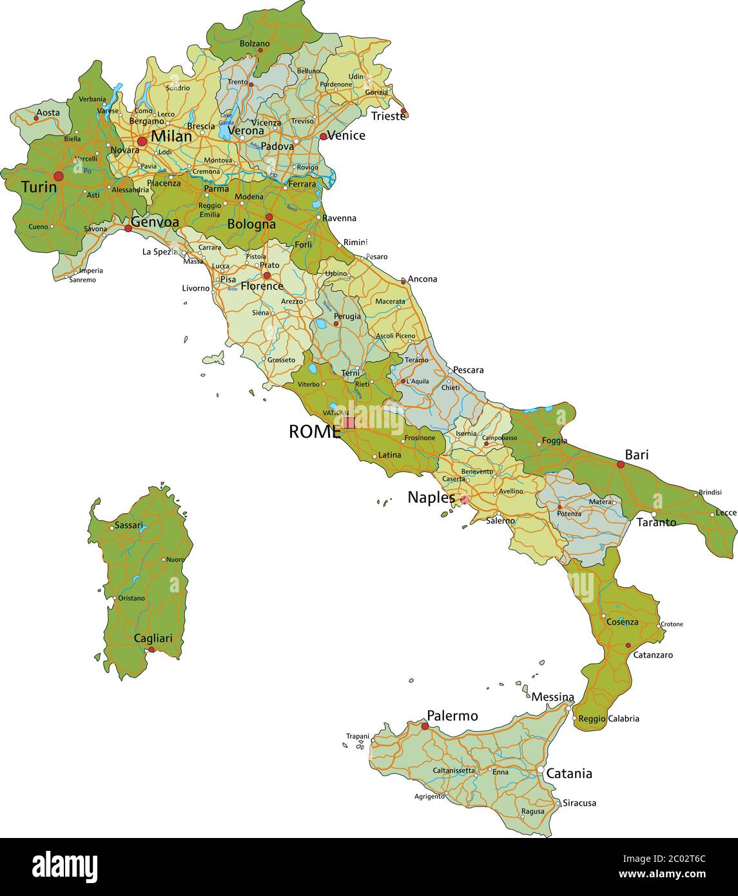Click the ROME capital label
(x=315, y=432)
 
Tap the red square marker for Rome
(x=349, y=423)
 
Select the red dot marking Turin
(x=59, y=176)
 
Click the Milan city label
(x=171, y=137)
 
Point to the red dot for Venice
(x=323, y=136)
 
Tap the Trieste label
(x=388, y=117)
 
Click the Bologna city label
(x=251, y=225)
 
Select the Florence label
(x=262, y=286)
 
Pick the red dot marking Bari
(x=621, y=464)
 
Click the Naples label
(x=431, y=498)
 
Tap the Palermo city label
(x=452, y=716)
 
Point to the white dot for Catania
(x=540, y=770)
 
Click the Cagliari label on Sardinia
(x=153, y=638)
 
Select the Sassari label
(x=128, y=525)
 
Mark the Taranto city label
(x=656, y=523)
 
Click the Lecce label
(x=726, y=513)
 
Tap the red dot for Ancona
(x=403, y=281)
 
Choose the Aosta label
(x=48, y=113)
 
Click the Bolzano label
(x=255, y=44)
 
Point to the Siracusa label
(x=579, y=803)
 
